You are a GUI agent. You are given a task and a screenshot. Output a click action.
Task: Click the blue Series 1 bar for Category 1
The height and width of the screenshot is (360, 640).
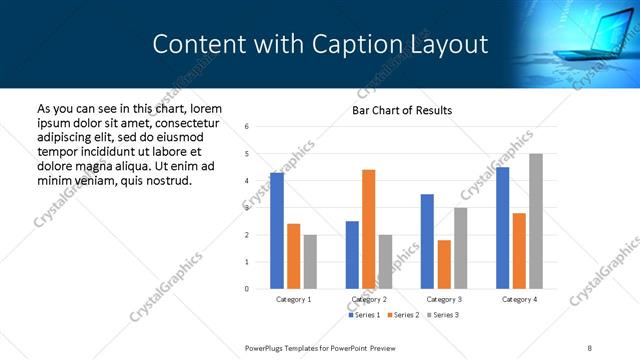click(277, 231)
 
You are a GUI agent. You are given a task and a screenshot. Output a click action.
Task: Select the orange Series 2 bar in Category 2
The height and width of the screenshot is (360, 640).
click(368, 229)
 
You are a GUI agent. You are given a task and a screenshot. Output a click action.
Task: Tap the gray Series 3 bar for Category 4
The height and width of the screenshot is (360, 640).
click(536, 221)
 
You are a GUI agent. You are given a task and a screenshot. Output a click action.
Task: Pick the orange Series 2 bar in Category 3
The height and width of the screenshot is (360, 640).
click(444, 264)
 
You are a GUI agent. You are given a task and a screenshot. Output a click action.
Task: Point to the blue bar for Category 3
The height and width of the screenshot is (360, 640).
click(427, 241)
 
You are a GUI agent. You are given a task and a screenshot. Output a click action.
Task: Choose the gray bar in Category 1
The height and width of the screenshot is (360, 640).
click(310, 261)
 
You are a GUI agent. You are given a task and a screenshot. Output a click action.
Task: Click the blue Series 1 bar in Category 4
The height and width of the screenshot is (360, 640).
click(502, 228)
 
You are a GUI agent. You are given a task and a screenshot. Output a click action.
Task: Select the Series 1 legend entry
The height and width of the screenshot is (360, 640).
click(364, 315)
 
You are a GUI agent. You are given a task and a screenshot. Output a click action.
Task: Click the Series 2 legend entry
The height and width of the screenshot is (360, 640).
click(402, 315)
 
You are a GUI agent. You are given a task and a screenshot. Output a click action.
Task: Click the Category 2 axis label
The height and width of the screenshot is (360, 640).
click(369, 299)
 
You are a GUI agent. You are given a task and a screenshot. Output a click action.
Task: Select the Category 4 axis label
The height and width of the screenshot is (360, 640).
click(518, 299)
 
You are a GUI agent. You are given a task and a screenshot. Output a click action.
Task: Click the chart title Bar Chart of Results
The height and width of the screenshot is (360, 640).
click(402, 110)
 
